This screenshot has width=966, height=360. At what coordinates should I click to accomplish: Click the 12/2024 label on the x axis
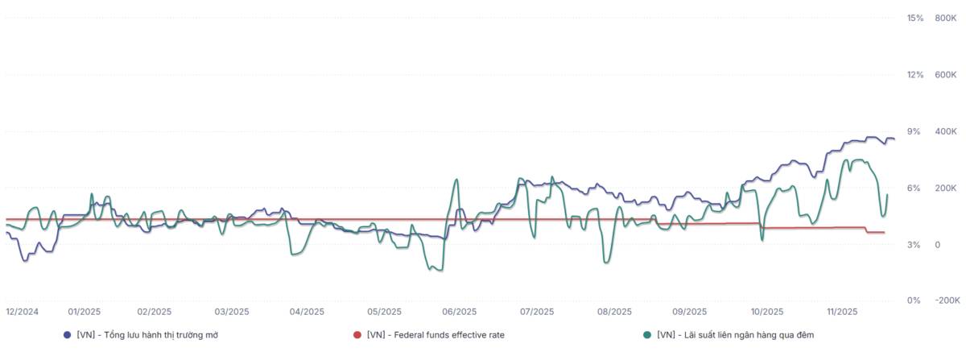tap(22, 312)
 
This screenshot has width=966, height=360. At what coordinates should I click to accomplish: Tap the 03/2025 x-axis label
tap(230, 312)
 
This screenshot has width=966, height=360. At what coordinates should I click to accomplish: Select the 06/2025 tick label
tap(460, 312)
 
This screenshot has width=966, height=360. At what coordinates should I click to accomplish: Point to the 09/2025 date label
tap(689, 312)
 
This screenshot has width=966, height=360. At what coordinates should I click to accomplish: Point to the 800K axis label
tap(945, 18)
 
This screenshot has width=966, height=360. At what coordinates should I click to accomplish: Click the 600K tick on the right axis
tap(945, 75)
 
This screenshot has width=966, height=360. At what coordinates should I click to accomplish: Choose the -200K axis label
tap(943, 300)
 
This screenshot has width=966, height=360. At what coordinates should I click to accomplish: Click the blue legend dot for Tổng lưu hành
tap(67, 334)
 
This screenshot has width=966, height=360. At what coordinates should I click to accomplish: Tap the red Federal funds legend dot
tap(357, 334)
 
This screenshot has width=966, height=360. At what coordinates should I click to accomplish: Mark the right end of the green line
tap(887, 194)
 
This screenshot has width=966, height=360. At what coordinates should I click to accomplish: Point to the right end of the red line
tap(885, 233)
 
